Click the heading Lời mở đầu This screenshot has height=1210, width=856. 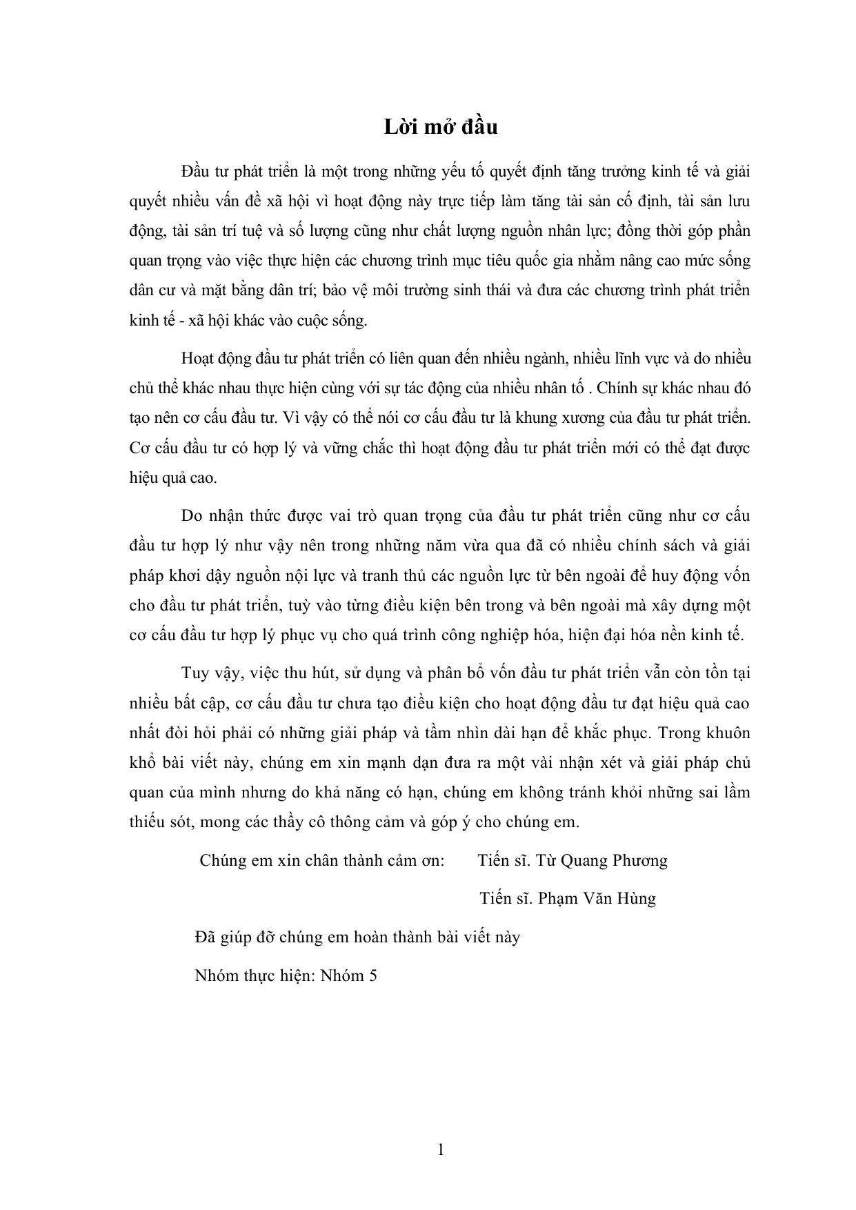[x=441, y=127]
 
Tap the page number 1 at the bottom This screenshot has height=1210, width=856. [x=441, y=1149]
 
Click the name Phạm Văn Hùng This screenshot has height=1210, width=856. [x=597, y=898]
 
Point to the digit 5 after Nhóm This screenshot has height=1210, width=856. [x=373, y=976]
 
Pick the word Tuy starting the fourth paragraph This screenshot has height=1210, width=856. [x=193, y=673]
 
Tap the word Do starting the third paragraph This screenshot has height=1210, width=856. [x=190, y=516]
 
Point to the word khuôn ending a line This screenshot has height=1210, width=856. [x=726, y=733]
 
